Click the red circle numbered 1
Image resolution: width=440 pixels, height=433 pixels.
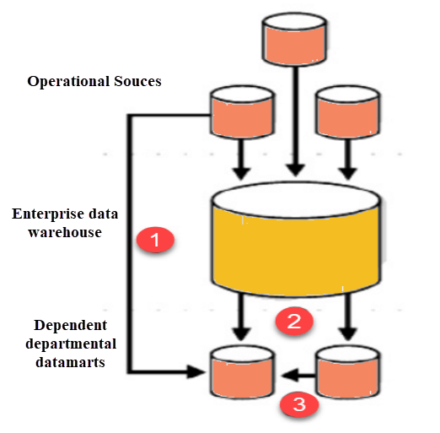(x=155, y=240)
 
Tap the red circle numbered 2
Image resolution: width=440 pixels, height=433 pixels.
(x=294, y=321)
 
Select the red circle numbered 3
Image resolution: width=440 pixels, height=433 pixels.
(x=299, y=404)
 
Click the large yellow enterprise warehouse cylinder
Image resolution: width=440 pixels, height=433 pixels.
(x=296, y=239)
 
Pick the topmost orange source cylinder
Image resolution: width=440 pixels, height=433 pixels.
(x=294, y=39)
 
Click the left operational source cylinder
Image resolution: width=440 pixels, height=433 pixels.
(x=242, y=112)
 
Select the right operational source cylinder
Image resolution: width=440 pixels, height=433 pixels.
(x=348, y=112)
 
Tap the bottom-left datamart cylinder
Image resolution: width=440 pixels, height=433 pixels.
(x=242, y=372)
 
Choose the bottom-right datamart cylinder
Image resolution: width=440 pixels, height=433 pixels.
(x=348, y=372)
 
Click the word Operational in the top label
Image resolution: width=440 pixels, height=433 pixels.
(x=68, y=82)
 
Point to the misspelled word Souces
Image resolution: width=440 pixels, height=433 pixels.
(x=137, y=81)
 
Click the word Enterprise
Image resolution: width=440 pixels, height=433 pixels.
(x=48, y=214)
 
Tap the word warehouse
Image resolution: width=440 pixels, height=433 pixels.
(x=65, y=233)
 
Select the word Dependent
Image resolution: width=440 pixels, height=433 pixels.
(x=71, y=326)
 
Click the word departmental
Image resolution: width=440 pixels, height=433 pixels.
(x=71, y=344)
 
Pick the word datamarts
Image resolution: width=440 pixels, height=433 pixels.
(x=70, y=362)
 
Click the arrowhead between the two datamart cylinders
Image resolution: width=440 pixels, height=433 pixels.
(x=289, y=375)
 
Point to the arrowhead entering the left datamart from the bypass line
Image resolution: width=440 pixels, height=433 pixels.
(x=196, y=372)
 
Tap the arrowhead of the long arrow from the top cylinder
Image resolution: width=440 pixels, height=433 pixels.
(x=295, y=170)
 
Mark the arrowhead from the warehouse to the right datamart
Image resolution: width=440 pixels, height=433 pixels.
(x=348, y=333)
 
